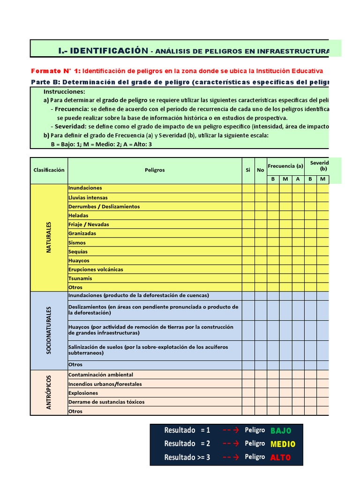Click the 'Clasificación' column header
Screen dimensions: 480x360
(49, 170)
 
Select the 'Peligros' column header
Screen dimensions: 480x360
(155, 170)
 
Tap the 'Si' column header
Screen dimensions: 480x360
(248, 170)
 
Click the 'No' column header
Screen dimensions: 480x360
(261, 170)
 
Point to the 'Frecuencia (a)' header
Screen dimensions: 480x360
(285, 166)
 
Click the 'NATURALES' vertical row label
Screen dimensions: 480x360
(49, 238)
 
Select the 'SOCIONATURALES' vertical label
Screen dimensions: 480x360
(49, 330)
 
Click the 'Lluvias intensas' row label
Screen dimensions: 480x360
(88, 197)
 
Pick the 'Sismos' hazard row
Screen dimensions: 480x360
(77, 242)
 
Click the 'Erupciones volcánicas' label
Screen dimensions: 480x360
(96, 269)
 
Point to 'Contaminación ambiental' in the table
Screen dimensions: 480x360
(101, 375)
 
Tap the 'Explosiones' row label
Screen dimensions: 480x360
(83, 393)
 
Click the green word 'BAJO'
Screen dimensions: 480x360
(281, 430)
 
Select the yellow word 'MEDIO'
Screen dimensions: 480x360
(283, 443)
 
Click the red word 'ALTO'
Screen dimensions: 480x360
(280, 457)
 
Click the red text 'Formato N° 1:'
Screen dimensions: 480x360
(56, 71)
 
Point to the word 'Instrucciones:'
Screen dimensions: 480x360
(64, 92)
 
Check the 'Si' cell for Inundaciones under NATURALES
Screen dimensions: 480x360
(248, 188)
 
